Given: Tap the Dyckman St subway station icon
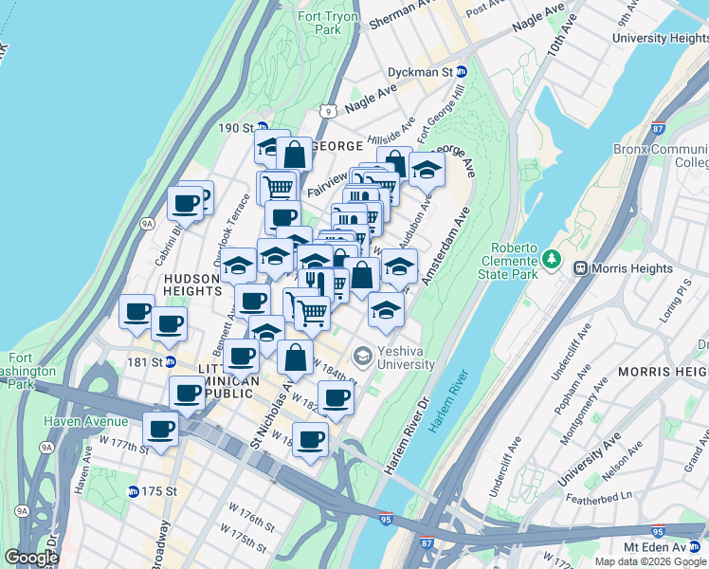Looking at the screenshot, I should [x=462, y=72].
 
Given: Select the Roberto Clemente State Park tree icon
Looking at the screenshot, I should [x=552, y=258].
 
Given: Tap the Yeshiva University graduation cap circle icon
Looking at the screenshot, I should [x=361, y=357].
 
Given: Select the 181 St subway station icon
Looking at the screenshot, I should [x=170, y=360].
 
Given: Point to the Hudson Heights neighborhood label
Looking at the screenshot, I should [x=192, y=284].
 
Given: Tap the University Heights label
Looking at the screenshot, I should [x=661, y=38].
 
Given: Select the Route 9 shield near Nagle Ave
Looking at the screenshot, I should [x=328, y=111].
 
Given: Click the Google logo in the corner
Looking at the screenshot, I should [x=32, y=558].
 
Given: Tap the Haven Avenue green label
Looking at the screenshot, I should [x=84, y=421].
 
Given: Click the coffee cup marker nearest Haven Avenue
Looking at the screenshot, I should [x=161, y=429].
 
